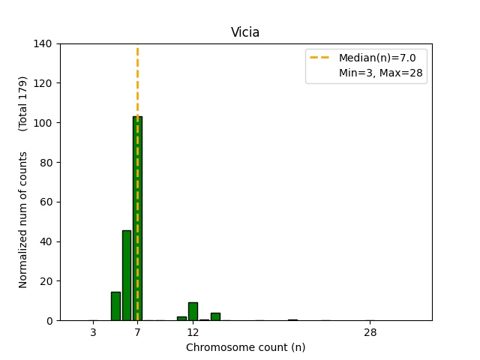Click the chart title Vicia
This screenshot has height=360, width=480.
point(245,32)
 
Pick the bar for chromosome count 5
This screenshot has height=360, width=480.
point(115,306)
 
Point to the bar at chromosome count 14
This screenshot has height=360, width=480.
point(215,316)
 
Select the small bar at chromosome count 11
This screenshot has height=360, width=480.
point(181,318)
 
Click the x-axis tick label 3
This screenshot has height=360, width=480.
point(93,332)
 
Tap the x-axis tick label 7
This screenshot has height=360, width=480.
point(137,332)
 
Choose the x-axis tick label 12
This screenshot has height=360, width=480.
point(193,332)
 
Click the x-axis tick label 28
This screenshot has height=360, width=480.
point(370,332)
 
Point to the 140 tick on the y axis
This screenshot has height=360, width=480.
point(43,43)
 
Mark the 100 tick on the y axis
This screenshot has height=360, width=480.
point(43,122)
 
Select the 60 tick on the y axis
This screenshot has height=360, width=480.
point(46,202)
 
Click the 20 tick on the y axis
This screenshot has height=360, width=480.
point(46,281)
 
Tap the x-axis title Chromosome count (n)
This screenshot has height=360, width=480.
point(245,347)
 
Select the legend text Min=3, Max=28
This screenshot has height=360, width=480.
point(382,73)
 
